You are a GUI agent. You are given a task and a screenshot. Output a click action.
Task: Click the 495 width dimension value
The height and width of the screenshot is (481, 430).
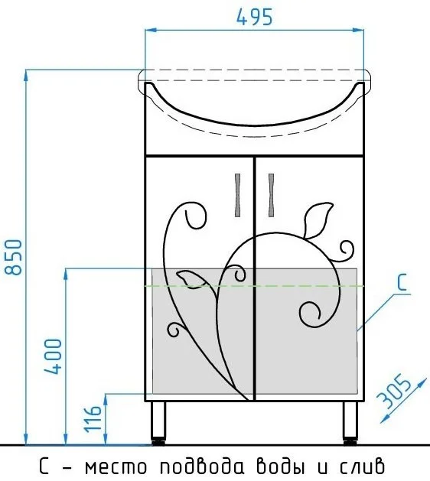(x=255, y=17)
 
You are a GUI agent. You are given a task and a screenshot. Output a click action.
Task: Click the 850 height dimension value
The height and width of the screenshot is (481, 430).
(x=14, y=257)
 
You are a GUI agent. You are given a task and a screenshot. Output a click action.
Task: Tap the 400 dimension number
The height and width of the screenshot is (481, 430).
(x=53, y=356)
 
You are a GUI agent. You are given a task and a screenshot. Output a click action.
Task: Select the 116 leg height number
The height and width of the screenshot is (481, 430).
(x=93, y=419)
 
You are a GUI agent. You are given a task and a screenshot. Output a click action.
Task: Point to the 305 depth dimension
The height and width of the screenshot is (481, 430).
(x=393, y=391)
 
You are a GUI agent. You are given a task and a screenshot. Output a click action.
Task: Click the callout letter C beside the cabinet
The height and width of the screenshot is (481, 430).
(x=402, y=282)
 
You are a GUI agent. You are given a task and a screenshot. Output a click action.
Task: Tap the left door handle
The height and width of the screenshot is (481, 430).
(x=237, y=195)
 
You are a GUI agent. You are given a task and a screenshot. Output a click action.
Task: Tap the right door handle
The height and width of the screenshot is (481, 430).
(x=271, y=195)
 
